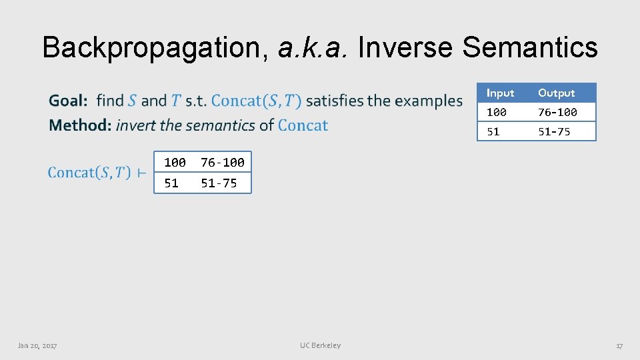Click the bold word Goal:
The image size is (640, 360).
click(x=69, y=101)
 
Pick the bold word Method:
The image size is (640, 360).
click(x=79, y=125)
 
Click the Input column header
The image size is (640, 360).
click(x=500, y=93)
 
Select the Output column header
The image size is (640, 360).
click(x=556, y=93)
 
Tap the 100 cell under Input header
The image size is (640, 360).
click(x=496, y=112)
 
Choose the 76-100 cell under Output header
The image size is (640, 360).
click(x=557, y=112)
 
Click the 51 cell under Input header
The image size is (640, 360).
click(x=493, y=131)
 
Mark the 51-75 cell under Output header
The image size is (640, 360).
click(x=554, y=131)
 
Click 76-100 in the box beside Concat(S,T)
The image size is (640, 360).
click(x=223, y=162)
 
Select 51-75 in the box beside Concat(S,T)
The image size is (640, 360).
click(x=219, y=183)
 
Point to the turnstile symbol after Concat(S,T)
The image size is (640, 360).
click(x=141, y=173)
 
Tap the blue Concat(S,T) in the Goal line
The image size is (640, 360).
click(x=256, y=101)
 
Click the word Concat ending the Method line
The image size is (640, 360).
click(x=303, y=125)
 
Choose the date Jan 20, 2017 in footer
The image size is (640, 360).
click(x=37, y=345)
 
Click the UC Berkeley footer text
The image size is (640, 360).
click(x=320, y=345)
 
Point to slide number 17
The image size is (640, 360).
click(x=619, y=345)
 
